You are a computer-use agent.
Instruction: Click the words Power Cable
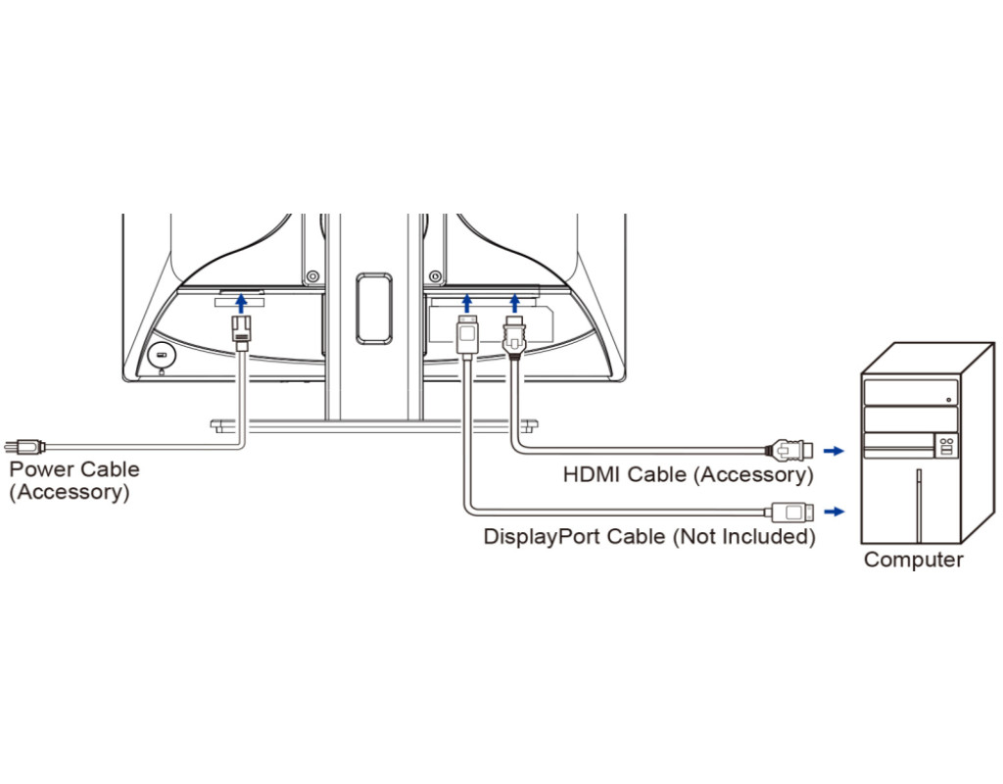coord(74,469)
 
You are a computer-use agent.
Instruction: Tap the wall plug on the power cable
coord(24,446)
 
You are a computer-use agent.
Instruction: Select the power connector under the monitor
coord(241,329)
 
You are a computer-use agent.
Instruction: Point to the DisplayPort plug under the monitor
coord(468,333)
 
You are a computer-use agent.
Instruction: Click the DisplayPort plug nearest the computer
coord(789,511)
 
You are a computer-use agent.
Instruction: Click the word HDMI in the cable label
coord(593,475)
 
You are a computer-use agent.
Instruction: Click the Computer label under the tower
coord(913,561)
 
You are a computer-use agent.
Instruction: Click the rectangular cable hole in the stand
coord(373,308)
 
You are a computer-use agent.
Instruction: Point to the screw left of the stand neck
coord(311,277)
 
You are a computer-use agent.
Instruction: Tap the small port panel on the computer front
coord(945,446)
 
